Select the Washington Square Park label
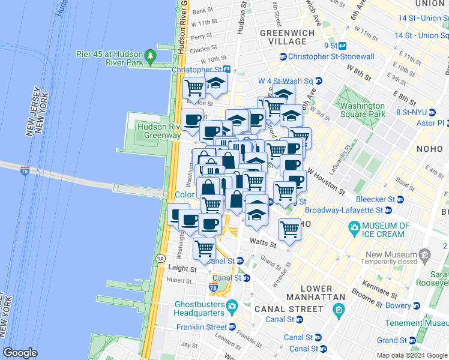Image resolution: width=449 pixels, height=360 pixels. tap(362, 109)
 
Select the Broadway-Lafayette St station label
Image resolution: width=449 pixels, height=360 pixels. tap(344, 210)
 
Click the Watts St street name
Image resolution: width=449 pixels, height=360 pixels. tap(262, 243)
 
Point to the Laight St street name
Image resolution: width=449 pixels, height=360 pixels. tap(182, 269)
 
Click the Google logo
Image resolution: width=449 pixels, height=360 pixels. tap(20, 353)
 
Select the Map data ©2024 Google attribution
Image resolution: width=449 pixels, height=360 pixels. tap(411, 355)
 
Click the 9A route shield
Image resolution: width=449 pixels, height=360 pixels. tap(160, 259)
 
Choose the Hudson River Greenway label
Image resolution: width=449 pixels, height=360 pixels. tap(158, 131)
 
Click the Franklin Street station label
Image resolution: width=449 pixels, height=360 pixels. tap(202, 327)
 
